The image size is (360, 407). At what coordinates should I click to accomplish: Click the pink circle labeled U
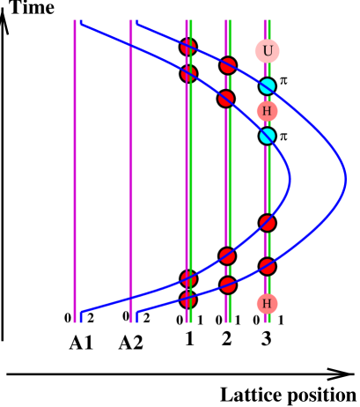click(268, 51)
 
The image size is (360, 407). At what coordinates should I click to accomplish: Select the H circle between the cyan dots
click(267, 111)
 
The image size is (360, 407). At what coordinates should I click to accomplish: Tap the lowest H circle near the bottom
click(267, 304)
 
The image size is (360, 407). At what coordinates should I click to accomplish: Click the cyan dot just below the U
click(267, 86)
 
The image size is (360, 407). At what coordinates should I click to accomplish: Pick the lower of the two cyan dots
click(267, 136)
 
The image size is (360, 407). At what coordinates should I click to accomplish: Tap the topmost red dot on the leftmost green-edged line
click(188, 47)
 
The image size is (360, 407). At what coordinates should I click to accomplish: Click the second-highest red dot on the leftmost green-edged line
click(188, 74)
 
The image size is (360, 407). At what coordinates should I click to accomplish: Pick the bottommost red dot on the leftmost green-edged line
click(188, 300)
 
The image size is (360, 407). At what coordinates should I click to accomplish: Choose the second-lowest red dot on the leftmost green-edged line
click(188, 279)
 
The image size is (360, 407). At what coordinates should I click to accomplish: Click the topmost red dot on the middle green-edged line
click(228, 65)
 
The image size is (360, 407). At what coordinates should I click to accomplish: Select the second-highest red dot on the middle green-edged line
click(226, 99)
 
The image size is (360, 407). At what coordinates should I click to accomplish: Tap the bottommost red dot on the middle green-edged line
click(228, 285)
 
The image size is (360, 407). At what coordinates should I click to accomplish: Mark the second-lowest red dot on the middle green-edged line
click(227, 256)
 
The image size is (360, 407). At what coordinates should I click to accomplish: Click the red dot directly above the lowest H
click(267, 266)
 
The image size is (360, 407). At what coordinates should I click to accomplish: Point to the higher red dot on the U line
click(267, 223)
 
